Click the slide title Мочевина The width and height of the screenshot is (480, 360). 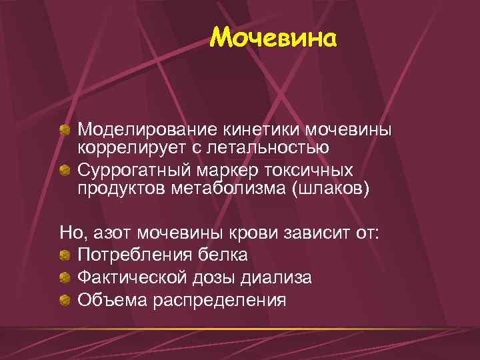274,38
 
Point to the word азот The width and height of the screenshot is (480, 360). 113,233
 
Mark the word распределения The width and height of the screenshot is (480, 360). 220,300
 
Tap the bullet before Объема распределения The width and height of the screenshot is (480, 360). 65,300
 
